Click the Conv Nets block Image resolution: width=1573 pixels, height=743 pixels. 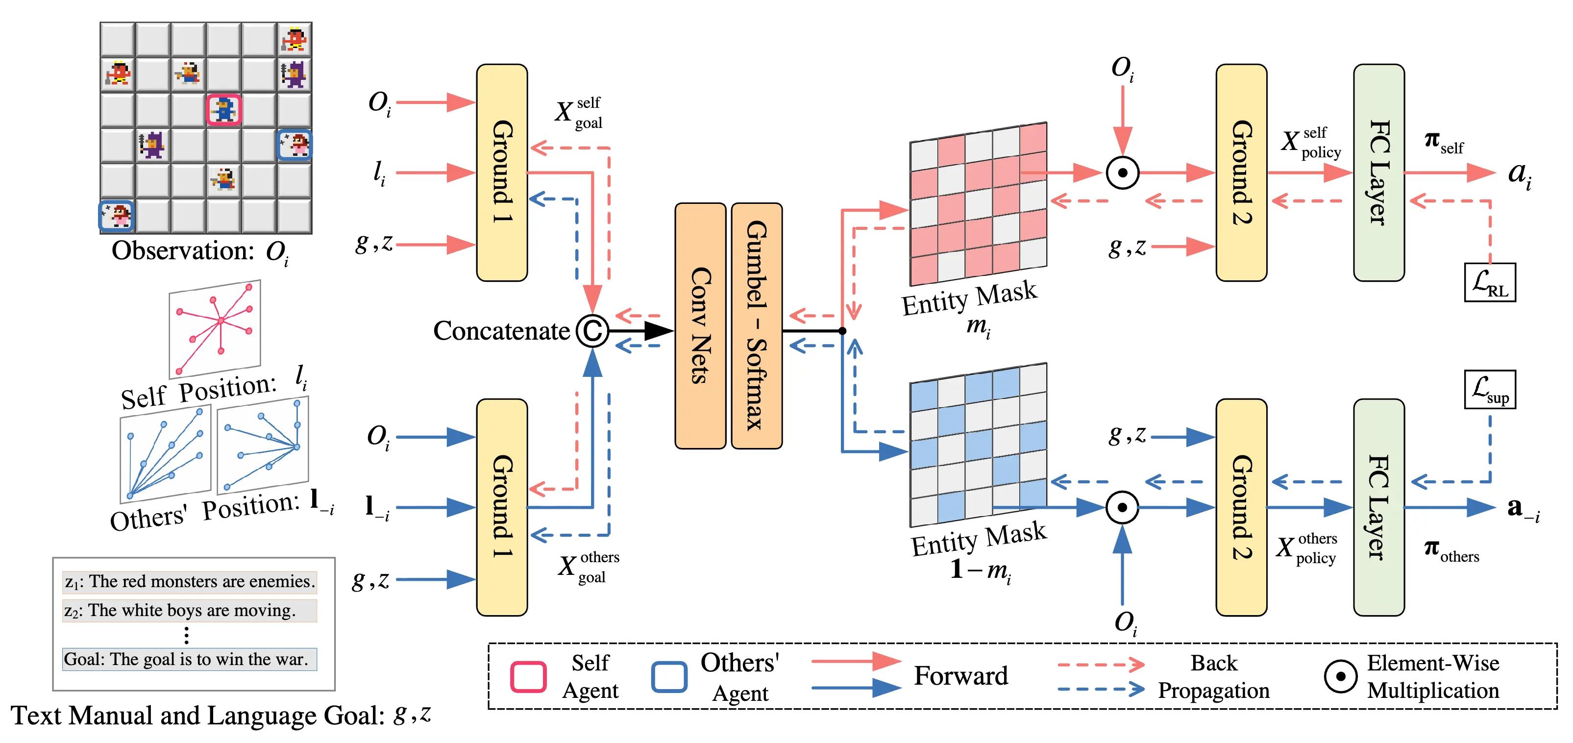[700, 326]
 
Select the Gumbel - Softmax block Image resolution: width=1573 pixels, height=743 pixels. [757, 326]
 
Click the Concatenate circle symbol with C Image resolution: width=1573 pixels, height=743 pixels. [592, 331]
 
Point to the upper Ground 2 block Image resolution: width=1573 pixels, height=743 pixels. [1241, 173]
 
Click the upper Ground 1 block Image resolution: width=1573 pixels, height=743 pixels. [501, 173]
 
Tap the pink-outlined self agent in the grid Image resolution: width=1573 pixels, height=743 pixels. [223, 110]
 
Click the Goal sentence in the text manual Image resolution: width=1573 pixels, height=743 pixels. [189, 659]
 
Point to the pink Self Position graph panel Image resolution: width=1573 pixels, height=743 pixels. [215, 328]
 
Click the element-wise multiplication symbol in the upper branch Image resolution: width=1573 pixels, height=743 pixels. [1122, 173]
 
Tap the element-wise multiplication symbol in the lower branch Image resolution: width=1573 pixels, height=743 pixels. [1122, 507]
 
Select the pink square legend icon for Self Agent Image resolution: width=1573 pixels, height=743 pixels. [528, 676]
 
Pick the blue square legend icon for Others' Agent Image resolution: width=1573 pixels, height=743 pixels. [669, 676]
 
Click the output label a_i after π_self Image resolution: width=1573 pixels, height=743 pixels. [1519, 174]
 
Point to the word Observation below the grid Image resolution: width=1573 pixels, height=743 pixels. [182, 251]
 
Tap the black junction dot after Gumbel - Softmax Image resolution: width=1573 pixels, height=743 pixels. [842, 331]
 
